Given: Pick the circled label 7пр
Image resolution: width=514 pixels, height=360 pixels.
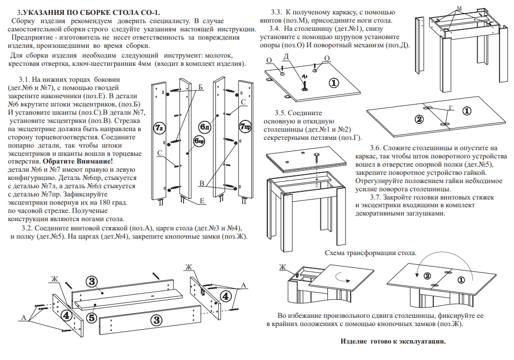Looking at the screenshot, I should click(245, 126).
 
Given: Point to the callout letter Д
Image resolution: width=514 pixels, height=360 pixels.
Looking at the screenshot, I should click(286, 56).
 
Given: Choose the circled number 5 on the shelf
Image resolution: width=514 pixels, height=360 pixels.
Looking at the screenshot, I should click(91, 318).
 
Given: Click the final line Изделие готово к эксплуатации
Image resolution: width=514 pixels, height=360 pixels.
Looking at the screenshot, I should click(393, 341).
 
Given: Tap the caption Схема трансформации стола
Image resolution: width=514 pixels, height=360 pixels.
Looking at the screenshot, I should click(371, 254).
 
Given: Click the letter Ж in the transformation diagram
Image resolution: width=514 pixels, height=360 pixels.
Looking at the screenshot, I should click(281, 267).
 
